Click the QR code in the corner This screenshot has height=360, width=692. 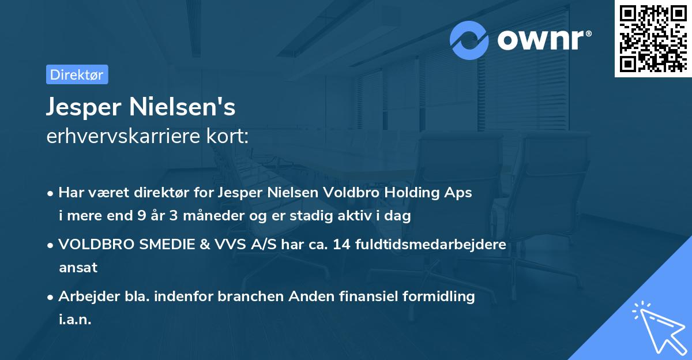click(653, 39)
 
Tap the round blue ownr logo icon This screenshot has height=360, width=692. click(470, 40)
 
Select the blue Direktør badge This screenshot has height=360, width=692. click(77, 74)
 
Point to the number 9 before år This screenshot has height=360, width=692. click(141, 216)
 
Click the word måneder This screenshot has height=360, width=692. click(208, 216)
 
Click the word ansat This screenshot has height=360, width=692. click(78, 268)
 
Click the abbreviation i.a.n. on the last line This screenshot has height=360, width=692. click(75, 320)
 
